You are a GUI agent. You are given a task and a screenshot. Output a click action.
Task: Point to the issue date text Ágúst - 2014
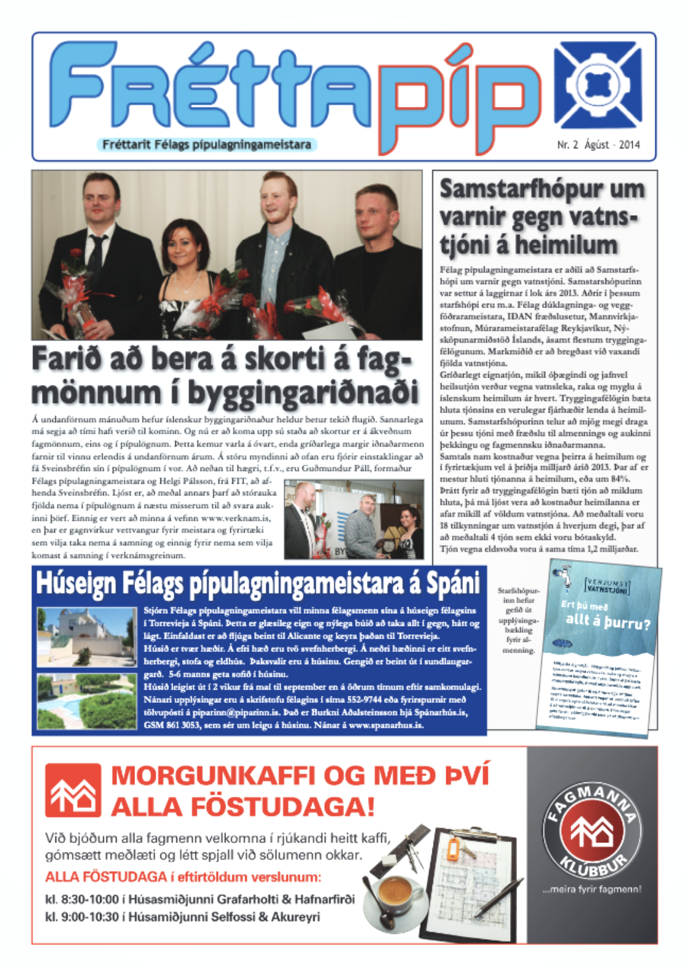[x=612, y=145]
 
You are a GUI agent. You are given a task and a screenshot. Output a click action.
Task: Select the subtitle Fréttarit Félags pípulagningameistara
[x=206, y=145]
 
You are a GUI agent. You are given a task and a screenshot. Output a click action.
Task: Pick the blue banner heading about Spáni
[x=258, y=583]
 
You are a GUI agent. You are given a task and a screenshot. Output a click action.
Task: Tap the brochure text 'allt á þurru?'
[x=607, y=620]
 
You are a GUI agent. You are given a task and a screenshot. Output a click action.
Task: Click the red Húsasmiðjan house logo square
[x=73, y=791]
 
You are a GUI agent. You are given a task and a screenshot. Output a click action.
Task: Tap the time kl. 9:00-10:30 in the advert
[x=82, y=917]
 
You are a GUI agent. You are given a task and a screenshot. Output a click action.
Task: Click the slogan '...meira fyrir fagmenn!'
[x=592, y=889]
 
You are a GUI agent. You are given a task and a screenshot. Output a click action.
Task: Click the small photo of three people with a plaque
[x=353, y=520]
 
